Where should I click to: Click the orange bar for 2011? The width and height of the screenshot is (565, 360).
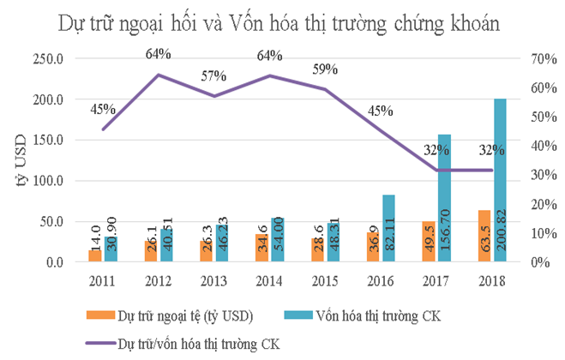[x=95, y=255]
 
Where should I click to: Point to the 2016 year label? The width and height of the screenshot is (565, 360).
[x=381, y=280]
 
